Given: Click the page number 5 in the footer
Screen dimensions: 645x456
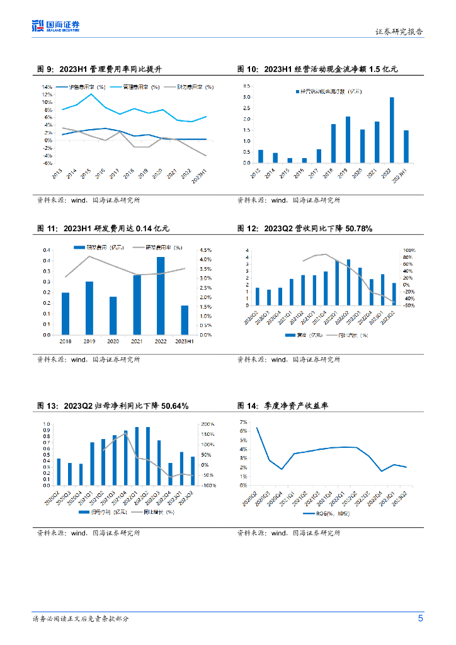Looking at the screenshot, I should coord(420,618).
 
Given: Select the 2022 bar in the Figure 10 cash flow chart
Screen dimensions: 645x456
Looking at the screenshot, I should coord(392,130).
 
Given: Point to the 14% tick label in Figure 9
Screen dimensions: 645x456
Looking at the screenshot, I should coord(47,86).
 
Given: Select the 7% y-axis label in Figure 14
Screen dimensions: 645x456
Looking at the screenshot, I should coord(244,421).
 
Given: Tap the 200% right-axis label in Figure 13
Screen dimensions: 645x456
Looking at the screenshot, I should coord(207,425).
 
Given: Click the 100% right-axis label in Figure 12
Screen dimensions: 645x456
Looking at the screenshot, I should coord(409,250).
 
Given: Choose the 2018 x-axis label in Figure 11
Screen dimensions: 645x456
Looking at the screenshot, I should coord(66,341).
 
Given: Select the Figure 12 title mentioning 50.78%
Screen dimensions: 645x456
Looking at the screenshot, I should coord(305,228).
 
